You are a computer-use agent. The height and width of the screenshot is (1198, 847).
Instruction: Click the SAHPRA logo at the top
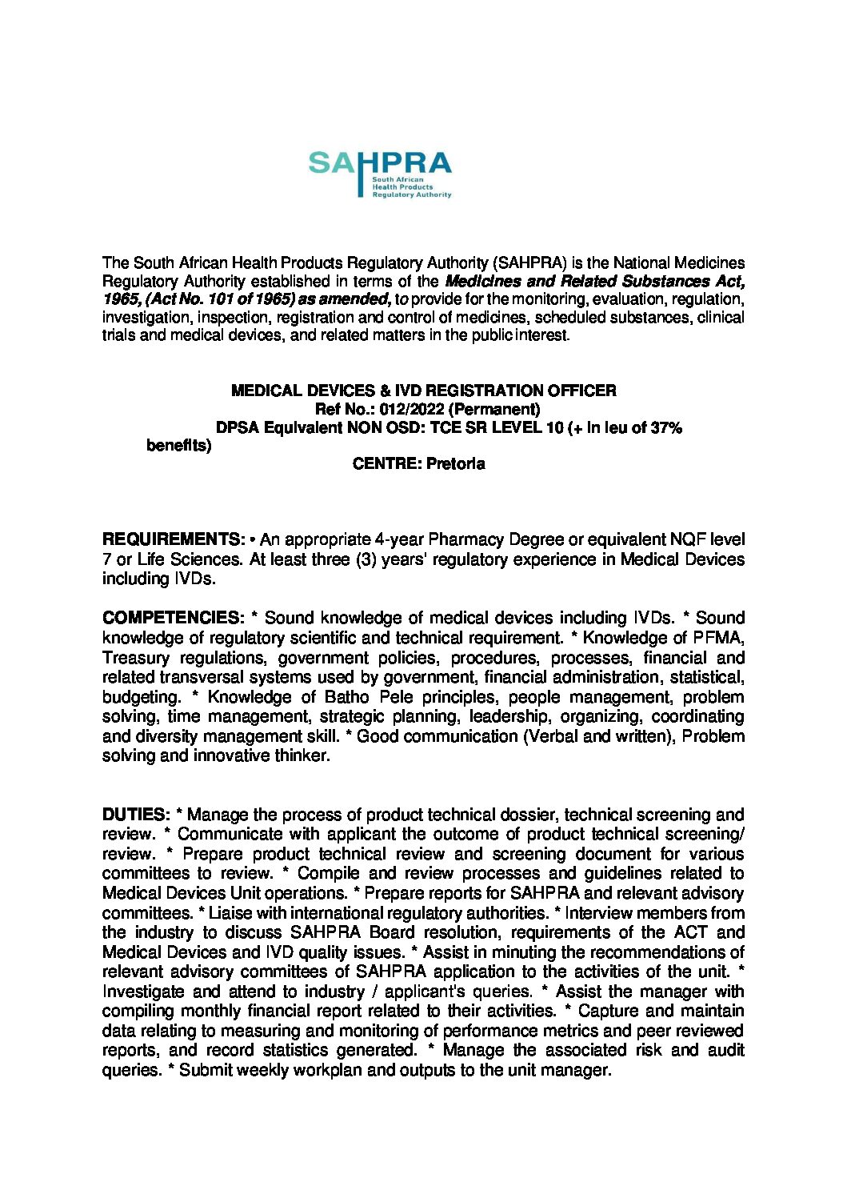click(x=380, y=174)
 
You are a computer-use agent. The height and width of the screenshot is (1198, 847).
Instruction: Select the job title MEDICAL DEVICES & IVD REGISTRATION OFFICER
click(x=423, y=391)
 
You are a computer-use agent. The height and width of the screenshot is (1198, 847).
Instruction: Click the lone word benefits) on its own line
click(x=179, y=446)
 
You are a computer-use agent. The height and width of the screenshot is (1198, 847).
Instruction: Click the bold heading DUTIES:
click(x=136, y=815)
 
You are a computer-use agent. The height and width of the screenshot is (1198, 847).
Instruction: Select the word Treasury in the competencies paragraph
click(x=136, y=658)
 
